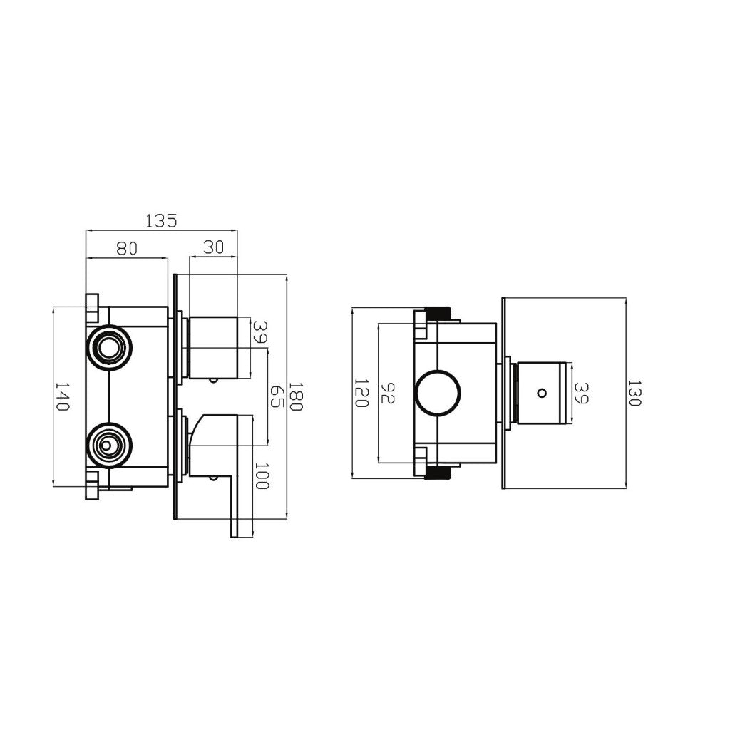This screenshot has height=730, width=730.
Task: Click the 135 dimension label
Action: pos(162,220)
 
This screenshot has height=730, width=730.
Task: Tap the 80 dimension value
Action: pos(127,249)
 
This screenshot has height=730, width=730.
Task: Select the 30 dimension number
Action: pos(214,247)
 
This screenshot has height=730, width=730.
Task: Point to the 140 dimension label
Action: pos(62,396)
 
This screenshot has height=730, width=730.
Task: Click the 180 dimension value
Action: pos(296,396)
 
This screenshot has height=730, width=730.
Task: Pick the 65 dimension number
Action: pos(277,396)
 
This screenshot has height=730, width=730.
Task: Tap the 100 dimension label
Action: pos(262,475)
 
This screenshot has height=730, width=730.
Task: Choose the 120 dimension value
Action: pos(361,393)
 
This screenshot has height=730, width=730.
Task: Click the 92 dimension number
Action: pos(388,393)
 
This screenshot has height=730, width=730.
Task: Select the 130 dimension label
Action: pos(634,393)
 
